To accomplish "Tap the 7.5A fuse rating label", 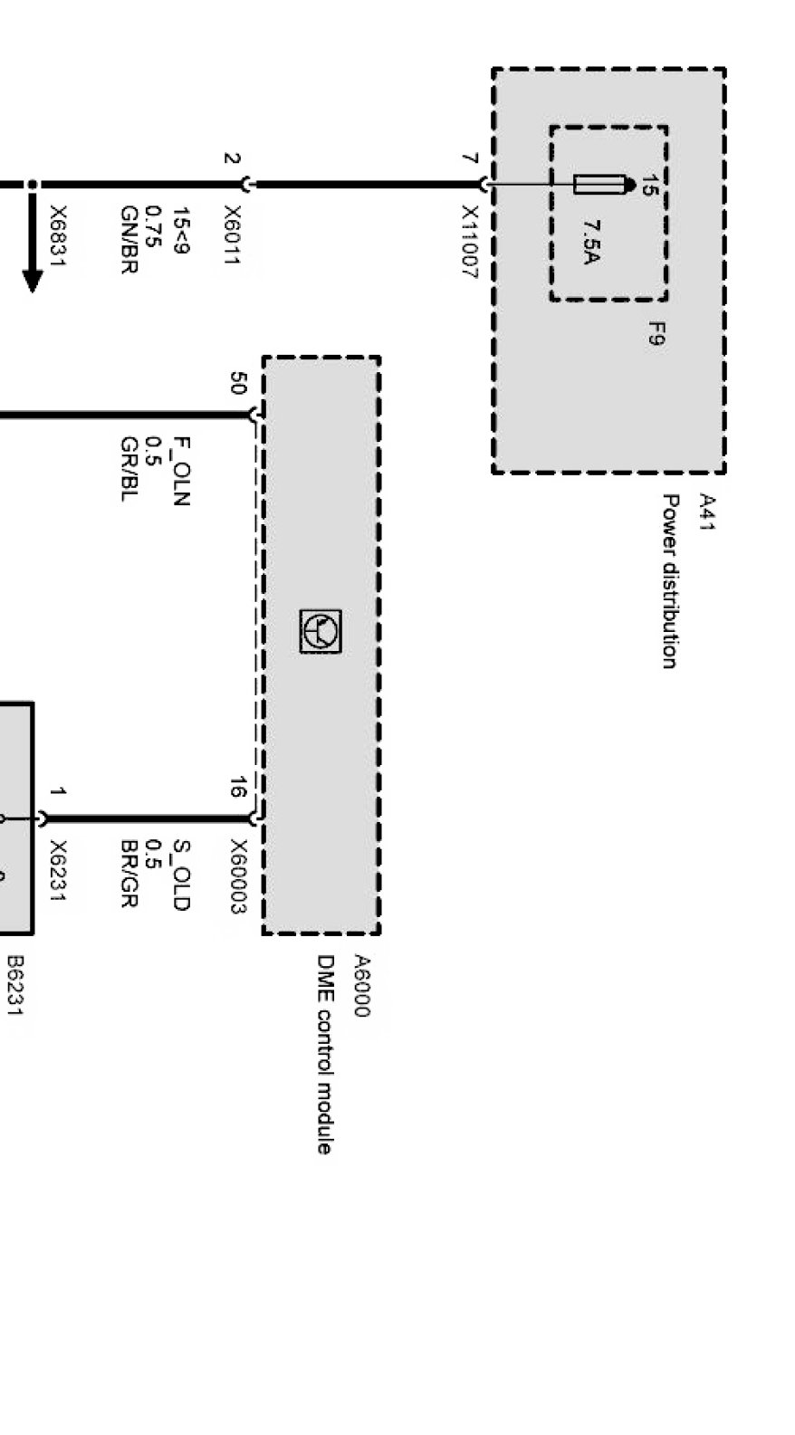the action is click(x=591, y=242).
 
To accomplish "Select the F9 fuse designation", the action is click(x=656, y=334).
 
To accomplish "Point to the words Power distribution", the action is click(x=670, y=580).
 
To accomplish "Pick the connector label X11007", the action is click(x=469, y=242).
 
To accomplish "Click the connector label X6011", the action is click(x=232, y=234).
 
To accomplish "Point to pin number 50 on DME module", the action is click(x=237, y=383).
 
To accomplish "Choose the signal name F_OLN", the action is click(x=181, y=471).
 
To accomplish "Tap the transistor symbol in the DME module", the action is click(x=321, y=631).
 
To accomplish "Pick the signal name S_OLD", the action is click(x=181, y=875).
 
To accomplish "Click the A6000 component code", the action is click(x=361, y=986).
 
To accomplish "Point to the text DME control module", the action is click(x=324, y=1054).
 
